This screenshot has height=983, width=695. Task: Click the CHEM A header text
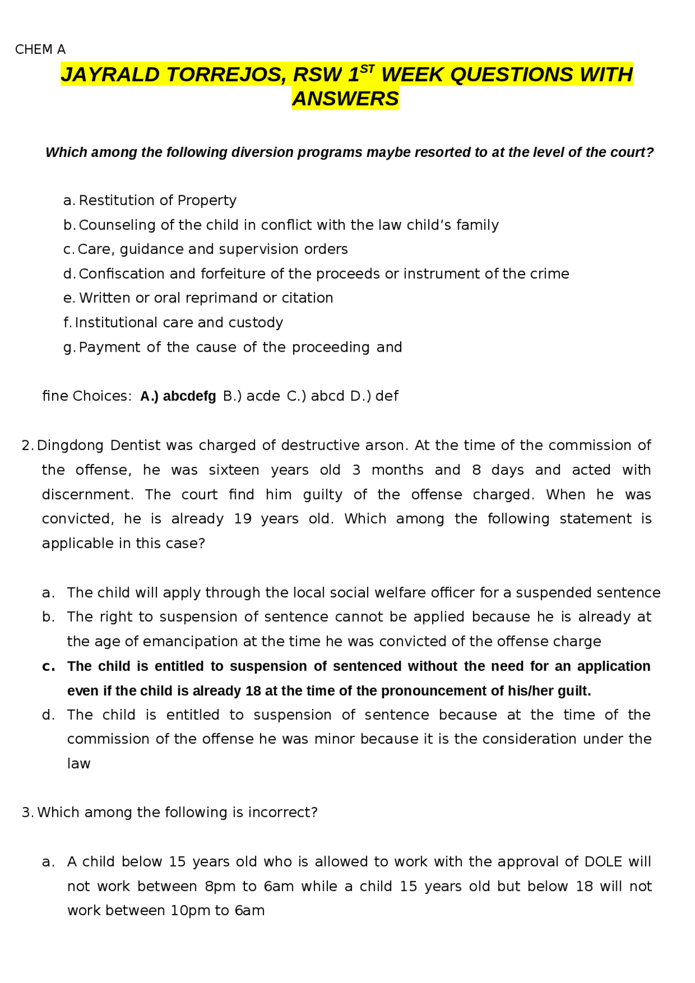click(40, 49)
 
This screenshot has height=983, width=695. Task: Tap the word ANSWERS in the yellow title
click(345, 99)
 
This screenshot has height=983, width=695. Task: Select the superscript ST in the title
click(368, 68)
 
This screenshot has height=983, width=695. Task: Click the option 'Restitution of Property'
click(157, 200)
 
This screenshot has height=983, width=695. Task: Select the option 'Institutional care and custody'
click(179, 322)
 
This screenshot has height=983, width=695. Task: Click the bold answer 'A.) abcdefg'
click(178, 396)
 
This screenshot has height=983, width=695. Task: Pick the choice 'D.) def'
click(374, 396)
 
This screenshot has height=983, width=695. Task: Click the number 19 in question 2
click(243, 519)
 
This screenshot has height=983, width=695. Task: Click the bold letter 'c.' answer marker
click(48, 666)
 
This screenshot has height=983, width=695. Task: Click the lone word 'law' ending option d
click(79, 764)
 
